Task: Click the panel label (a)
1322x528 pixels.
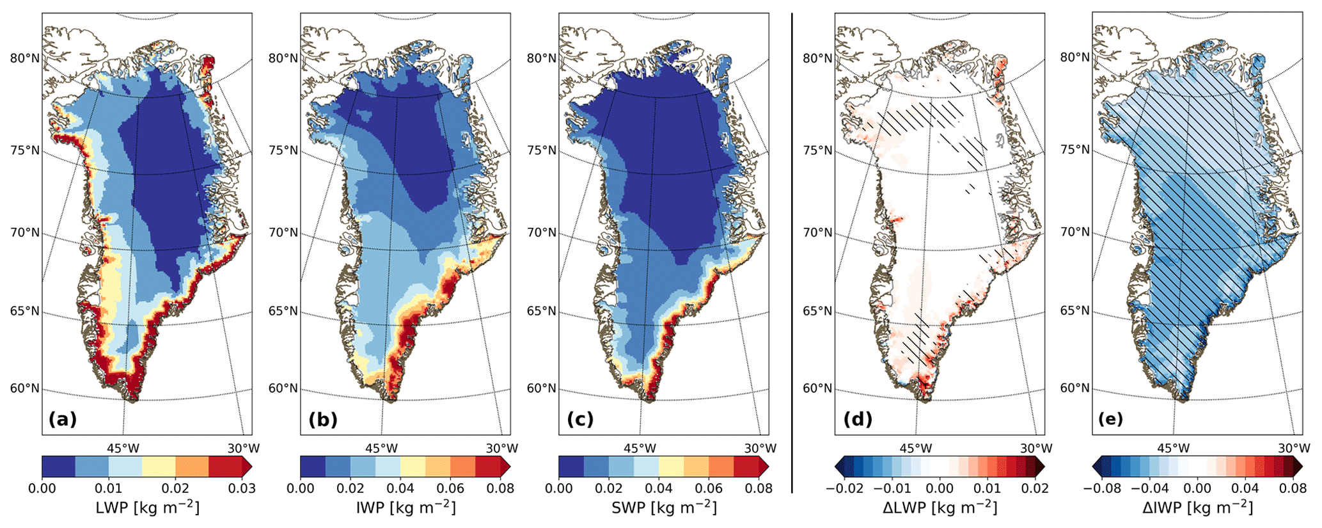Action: coord(63,419)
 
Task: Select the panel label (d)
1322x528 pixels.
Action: coord(858,419)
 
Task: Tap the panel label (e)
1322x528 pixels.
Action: coord(1110,419)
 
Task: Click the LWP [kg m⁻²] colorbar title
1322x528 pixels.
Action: coord(147,508)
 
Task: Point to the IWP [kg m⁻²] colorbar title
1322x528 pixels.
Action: coord(405,508)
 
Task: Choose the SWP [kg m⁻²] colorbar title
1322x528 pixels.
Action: coord(664,508)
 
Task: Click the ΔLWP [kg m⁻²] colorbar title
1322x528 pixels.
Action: coord(940,508)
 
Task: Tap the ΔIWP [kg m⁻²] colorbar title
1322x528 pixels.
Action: coord(1197,508)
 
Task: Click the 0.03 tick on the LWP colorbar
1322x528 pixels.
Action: coord(242,489)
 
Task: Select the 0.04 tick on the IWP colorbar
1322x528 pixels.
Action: coord(400,489)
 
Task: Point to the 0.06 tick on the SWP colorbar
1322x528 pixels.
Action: coord(709,489)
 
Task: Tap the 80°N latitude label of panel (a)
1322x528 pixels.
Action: coord(24,58)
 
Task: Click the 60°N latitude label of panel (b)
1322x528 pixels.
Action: coord(283,388)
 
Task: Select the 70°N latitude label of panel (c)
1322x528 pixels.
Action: coord(541,232)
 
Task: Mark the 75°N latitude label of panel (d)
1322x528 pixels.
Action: coord(817,150)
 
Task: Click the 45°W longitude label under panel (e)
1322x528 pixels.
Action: coord(1173,449)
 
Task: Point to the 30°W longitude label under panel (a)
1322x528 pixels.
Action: coord(242,449)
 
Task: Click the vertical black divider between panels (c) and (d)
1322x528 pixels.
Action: coord(792,253)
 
